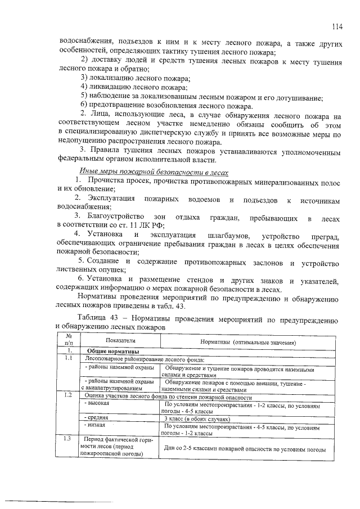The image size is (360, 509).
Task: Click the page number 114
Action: coord(337,26)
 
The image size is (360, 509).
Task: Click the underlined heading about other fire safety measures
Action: coord(152,173)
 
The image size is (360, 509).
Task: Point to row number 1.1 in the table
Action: coord(69,358)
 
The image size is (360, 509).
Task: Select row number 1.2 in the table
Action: coord(69,395)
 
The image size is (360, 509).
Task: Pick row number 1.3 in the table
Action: coord(69,438)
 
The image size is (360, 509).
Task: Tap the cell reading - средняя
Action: coord(97,419)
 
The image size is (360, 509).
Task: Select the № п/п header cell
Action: coord(69,340)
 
